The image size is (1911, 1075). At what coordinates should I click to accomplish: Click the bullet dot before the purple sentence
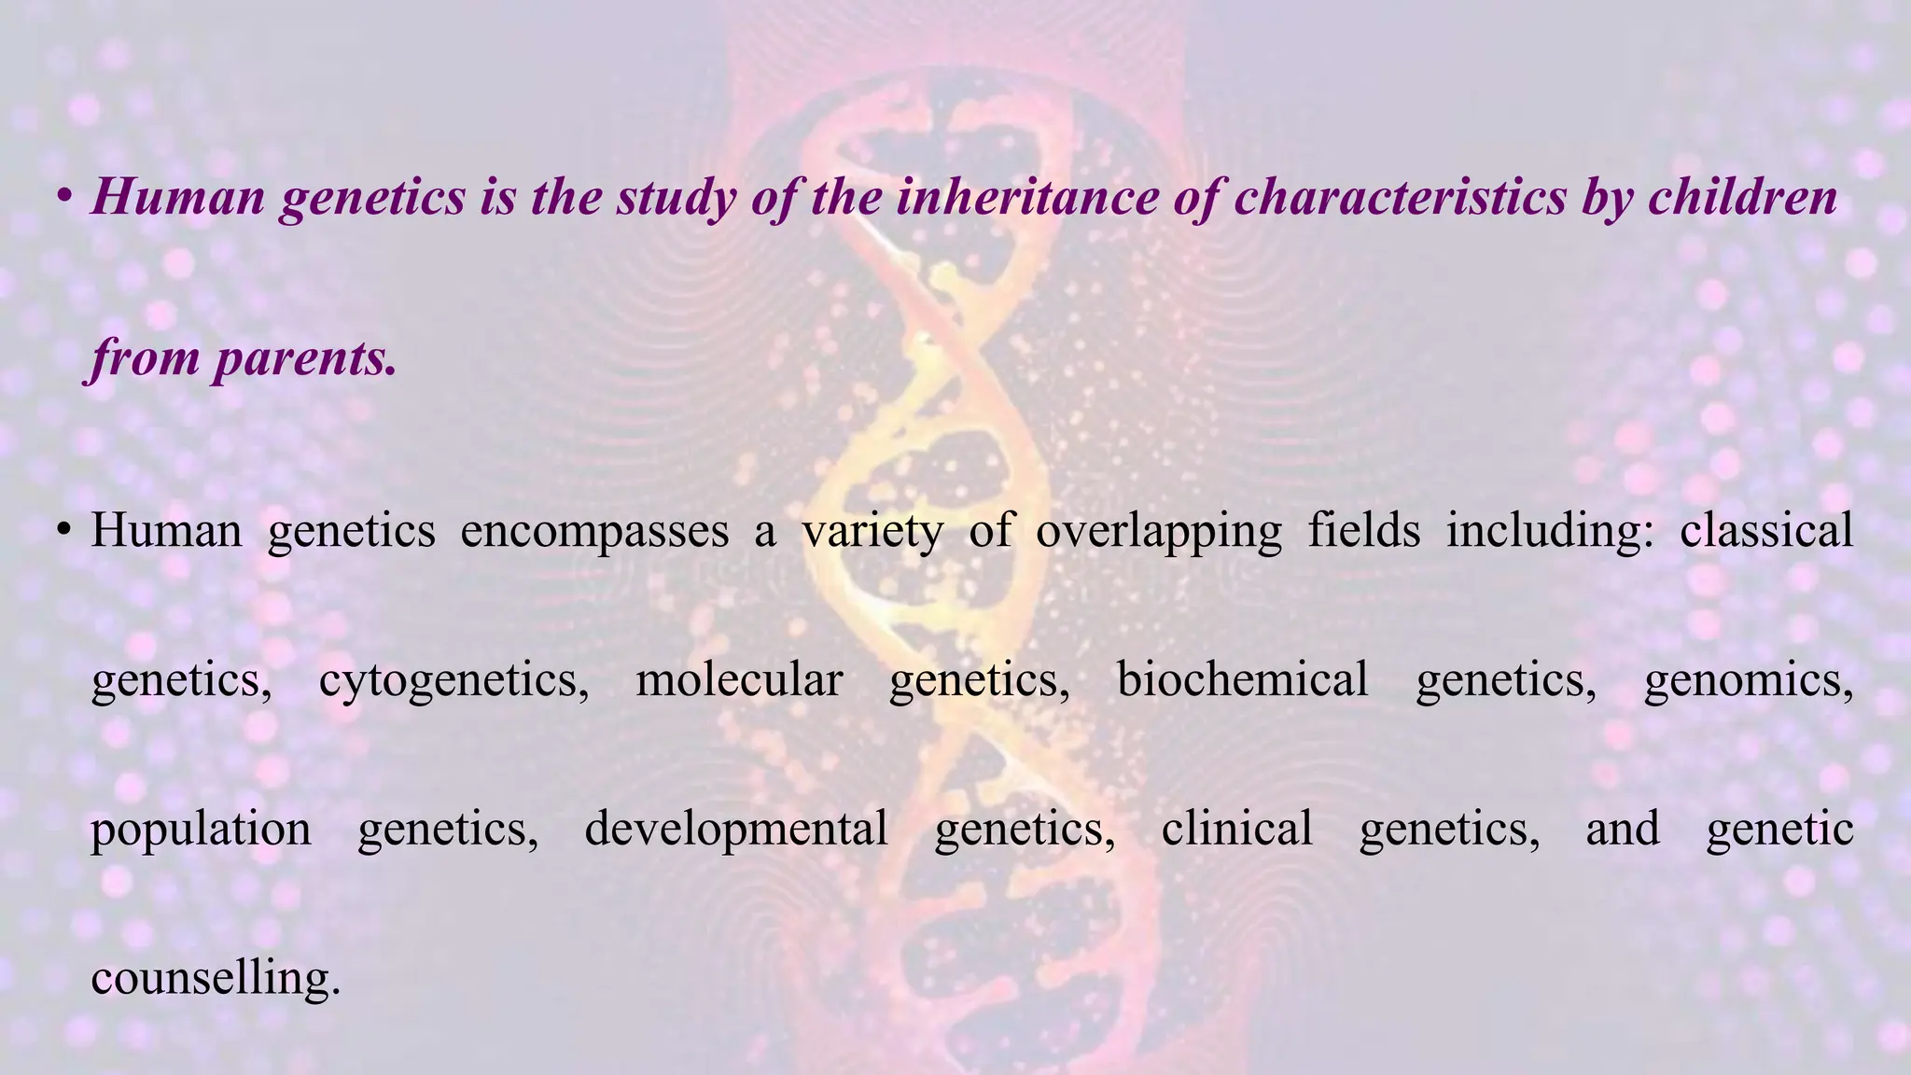[64, 197]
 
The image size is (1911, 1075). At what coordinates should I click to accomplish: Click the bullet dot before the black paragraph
[64, 531]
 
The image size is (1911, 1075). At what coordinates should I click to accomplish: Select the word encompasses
[594, 531]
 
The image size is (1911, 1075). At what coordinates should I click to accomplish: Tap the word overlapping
[1159, 531]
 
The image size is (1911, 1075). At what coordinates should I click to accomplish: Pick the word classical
[1765, 531]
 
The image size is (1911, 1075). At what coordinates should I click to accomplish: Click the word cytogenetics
[453, 679]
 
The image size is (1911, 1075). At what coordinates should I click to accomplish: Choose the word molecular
[739, 679]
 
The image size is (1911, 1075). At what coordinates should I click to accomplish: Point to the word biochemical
[1242, 679]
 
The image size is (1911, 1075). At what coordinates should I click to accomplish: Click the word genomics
[1748, 679]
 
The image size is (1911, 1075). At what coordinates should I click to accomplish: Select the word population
[201, 829]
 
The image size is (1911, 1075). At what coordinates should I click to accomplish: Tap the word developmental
[735, 829]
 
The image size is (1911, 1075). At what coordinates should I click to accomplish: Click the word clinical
[1236, 829]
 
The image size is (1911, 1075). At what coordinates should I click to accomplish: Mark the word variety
[872, 531]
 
